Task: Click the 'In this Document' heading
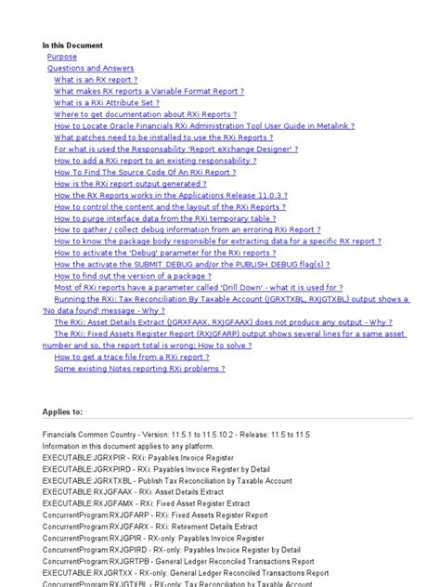[x=72, y=45]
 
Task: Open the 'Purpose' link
[x=62, y=57]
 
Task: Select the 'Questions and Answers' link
[x=90, y=68]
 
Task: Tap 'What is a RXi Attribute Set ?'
[x=113, y=103]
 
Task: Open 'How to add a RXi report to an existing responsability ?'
[x=155, y=161]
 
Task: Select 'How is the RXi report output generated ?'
[x=137, y=184]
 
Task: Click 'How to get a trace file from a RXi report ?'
[x=131, y=357]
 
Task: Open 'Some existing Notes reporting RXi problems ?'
[x=138, y=369]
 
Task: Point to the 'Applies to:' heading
[x=62, y=411]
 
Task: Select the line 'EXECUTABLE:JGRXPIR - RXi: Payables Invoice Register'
[x=138, y=457]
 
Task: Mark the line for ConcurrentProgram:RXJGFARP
[x=155, y=515]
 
